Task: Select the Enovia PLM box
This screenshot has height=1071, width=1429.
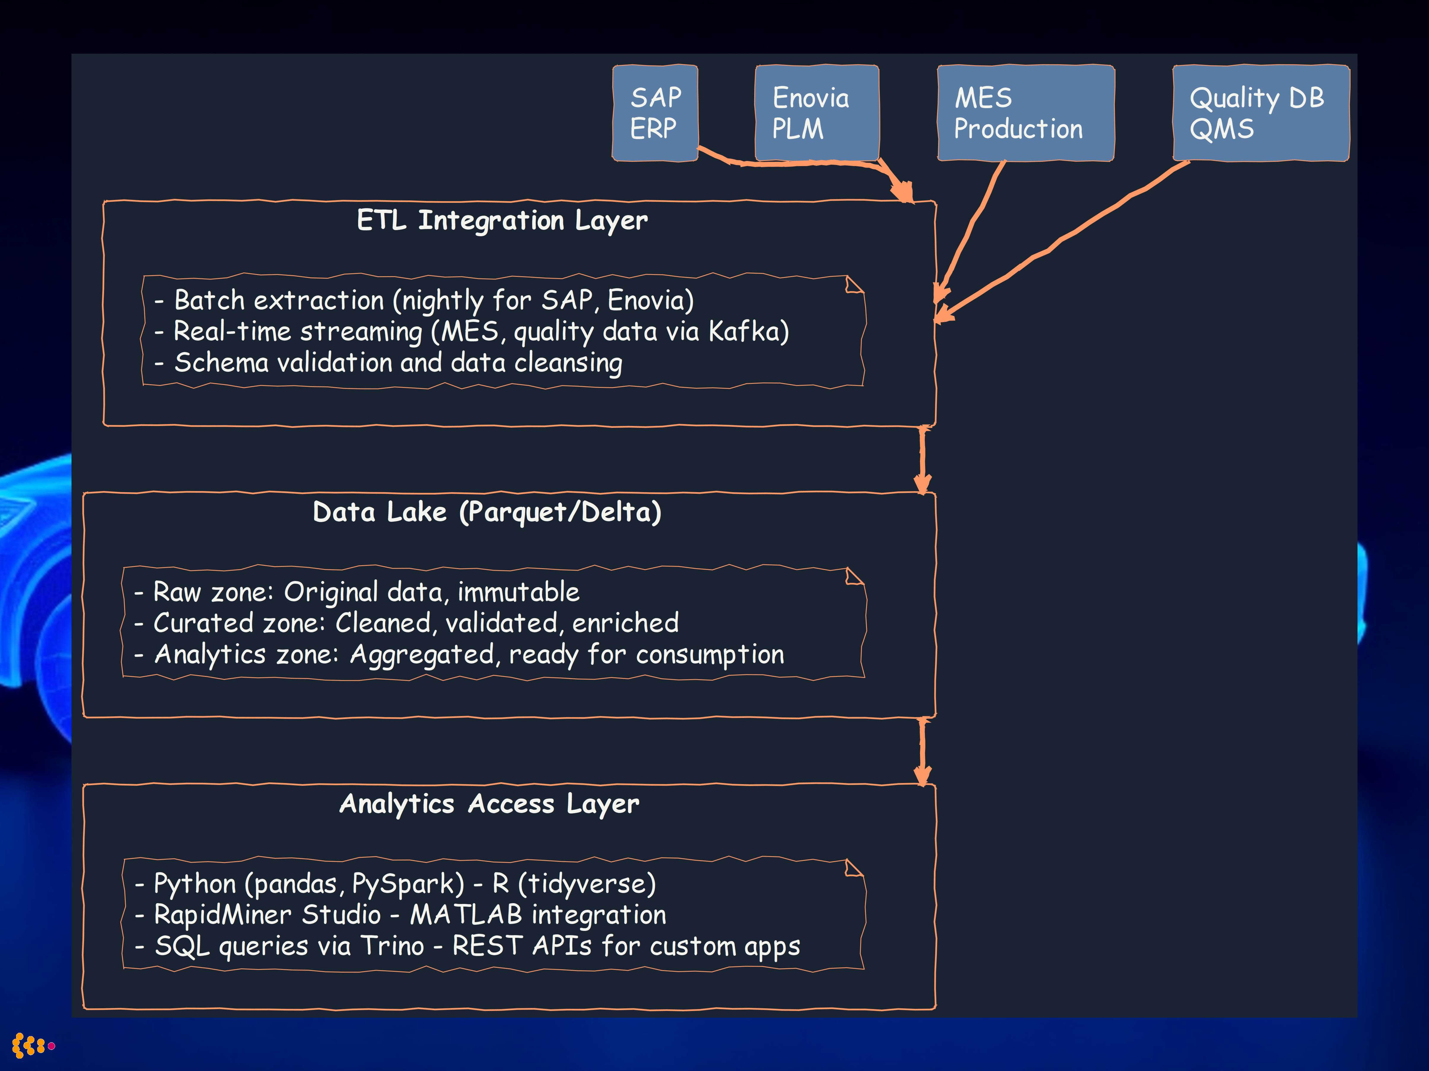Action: pyautogui.click(x=817, y=113)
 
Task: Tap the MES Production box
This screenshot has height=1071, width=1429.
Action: pyautogui.click(x=1025, y=113)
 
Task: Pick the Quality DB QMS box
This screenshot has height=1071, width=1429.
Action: pyautogui.click(x=1261, y=113)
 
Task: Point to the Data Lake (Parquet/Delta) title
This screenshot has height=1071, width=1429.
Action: pyautogui.click(x=487, y=512)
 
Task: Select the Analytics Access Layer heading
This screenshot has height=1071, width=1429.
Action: pyautogui.click(x=489, y=804)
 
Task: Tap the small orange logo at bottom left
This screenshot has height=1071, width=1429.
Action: pyautogui.click(x=32, y=1045)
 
